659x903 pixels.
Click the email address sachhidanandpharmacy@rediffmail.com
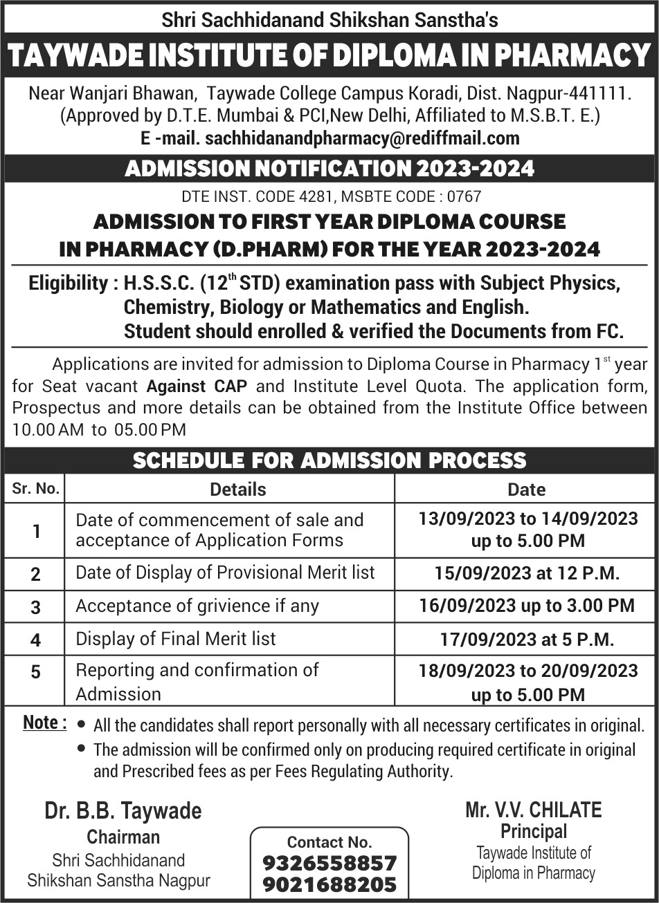coord(362,138)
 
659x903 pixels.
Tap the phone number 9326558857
coord(329,863)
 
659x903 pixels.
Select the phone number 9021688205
coord(329,884)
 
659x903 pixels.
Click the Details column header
coord(237,490)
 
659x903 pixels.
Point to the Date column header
coord(526,490)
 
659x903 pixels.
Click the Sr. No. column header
coord(35,489)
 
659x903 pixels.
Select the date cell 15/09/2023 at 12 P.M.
coord(526,573)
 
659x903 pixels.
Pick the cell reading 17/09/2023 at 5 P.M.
coord(527,640)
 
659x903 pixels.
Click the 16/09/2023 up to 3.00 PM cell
coord(526,606)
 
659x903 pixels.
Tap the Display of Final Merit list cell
coord(176,639)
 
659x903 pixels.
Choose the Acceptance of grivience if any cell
coord(197,606)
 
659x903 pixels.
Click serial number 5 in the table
coord(35,672)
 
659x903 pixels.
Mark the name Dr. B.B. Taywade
coord(123,810)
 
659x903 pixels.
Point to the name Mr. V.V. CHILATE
coord(534,810)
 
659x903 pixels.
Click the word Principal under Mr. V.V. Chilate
coord(534,831)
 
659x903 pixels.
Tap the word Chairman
coord(123,837)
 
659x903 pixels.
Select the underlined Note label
coord(44,723)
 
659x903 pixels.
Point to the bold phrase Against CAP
coord(197,386)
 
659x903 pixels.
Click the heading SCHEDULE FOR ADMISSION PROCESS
coord(329,460)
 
